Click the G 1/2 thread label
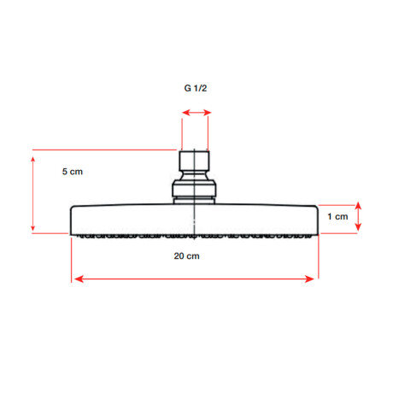pyautogui.click(x=196, y=88)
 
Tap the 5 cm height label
pyautogui.click(x=73, y=172)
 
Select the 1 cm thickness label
pyautogui.click(x=337, y=216)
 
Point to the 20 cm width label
pyautogui.click(x=186, y=255)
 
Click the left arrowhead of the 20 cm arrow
pyautogui.click(x=79, y=279)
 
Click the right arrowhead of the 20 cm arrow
pyautogui.click(x=309, y=279)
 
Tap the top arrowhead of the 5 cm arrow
pyautogui.click(x=33, y=161)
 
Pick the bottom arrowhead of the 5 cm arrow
pyautogui.click(x=33, y=226)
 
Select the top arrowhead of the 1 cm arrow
pyautogui.click(x=358, y=206)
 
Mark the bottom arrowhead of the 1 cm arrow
pyautogui.click(x=358, y=226)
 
